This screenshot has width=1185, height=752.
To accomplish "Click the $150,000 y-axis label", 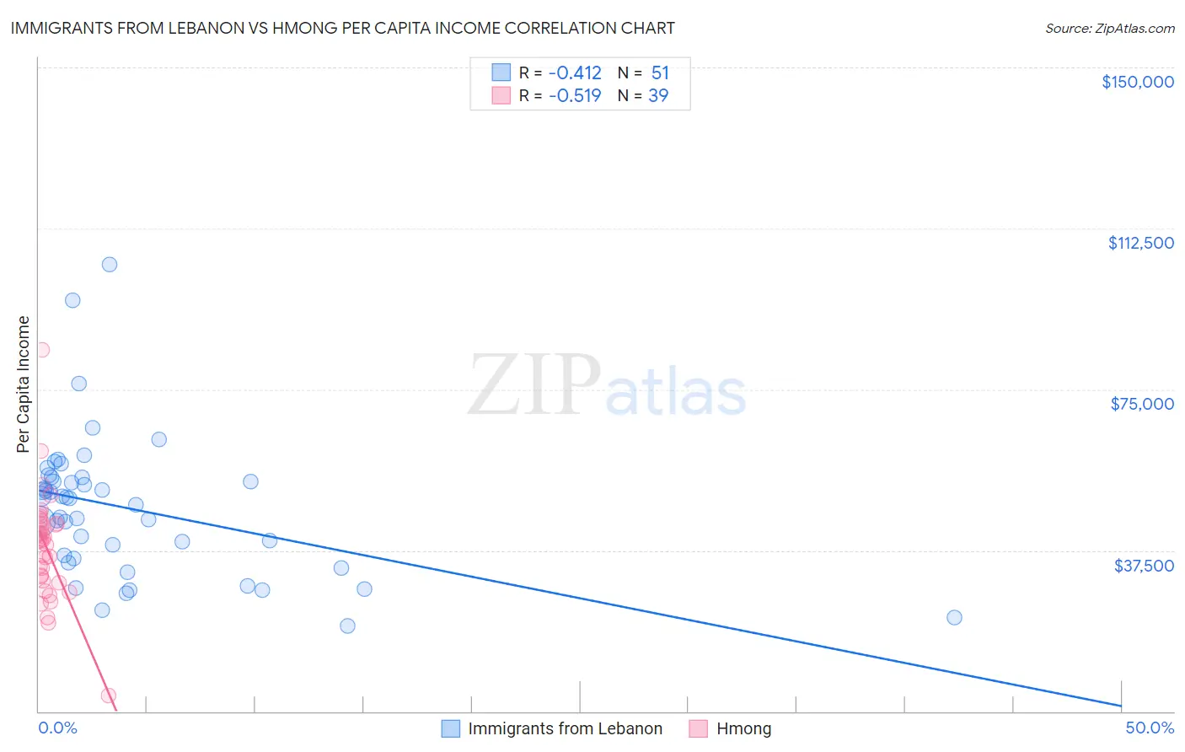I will pos(1137,82).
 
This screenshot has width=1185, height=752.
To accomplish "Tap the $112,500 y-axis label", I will pos(1140,243).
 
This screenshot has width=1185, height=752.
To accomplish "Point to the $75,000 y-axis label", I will pos(1142,404).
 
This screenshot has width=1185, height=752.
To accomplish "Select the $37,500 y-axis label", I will pos(1144,566).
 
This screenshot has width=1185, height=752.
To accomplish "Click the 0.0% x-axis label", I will pos(57,728).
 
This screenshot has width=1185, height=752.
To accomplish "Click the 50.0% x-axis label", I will pos(1150,728).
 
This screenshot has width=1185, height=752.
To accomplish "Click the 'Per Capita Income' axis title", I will pos(23,384).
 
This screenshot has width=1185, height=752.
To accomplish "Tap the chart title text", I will pos(342,28).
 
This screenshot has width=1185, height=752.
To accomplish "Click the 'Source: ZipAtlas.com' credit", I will pos(1109,29).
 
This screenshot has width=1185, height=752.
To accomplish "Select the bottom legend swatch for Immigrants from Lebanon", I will pos(451,728).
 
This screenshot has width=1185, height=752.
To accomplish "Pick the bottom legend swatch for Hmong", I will pos(698,728).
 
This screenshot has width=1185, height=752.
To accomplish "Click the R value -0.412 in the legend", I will pos(575,73).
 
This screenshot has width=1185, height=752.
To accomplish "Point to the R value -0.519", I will pos(575,96).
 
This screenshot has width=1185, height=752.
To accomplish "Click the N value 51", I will pos(660,73).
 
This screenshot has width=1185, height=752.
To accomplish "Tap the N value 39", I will pos(658,96).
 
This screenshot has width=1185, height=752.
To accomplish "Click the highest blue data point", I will pos(110,265).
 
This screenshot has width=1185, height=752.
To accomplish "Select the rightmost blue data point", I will pos(954,617).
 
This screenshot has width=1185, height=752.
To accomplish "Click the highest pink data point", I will pos(41,350).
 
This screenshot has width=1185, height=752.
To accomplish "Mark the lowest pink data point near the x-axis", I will pos(109,696).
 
